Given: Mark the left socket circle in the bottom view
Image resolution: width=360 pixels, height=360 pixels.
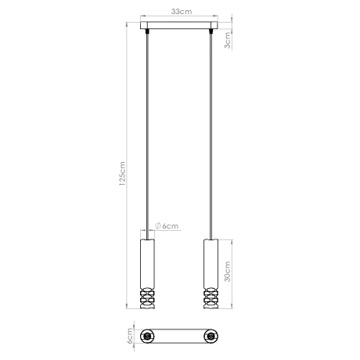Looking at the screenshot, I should pos(146,336).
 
